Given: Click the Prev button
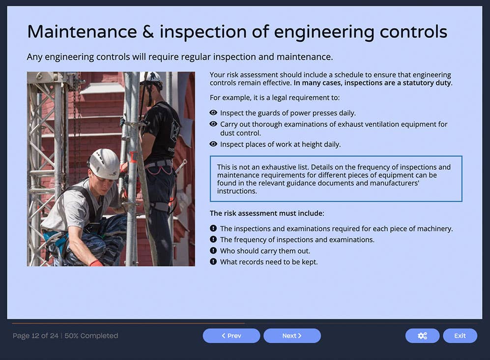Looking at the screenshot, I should [231, 336].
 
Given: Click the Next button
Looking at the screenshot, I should [292, 336].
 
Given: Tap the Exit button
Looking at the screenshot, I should [460, 336].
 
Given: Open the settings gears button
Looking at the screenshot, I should [422, 336].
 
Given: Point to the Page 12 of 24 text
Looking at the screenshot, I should [35, 336].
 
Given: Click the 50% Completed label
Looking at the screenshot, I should [91, 336].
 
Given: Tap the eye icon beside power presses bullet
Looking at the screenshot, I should [213, 113].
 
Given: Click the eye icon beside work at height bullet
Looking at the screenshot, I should [213, 144].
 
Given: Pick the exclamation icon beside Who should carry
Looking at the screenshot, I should [213, 250].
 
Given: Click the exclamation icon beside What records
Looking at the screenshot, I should [213, 262].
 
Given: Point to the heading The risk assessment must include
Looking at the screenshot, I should [267, 213].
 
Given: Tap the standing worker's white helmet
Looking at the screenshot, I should [150, 78].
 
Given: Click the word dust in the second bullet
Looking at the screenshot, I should [228, 133].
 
